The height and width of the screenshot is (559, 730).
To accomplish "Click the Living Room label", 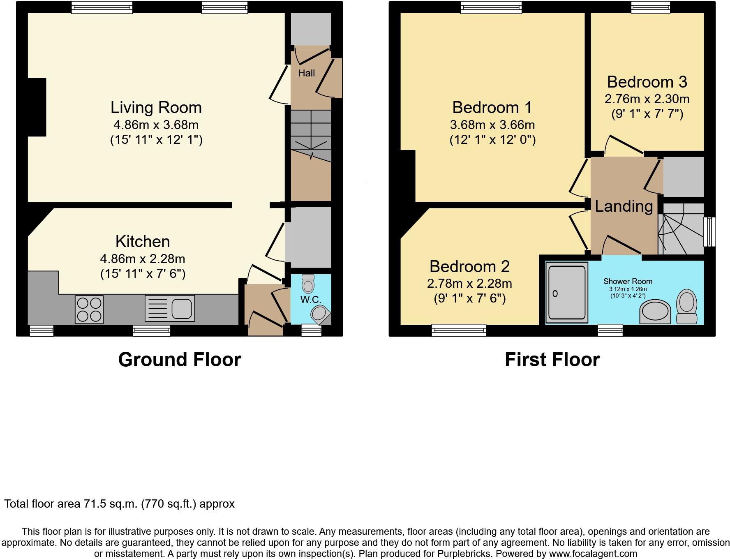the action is tap(156, 108).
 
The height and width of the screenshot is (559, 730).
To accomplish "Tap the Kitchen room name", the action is tap(143, 242).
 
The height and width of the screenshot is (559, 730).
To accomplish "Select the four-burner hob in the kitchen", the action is tap(90, 310).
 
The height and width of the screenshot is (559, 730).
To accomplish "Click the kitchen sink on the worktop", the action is tap(170, 308).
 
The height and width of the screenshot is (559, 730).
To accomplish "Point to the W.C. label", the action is tap(311, 299).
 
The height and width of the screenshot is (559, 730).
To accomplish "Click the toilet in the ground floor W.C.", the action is tap(308, 283).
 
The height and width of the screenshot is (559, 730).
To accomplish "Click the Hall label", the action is tap(307, 73).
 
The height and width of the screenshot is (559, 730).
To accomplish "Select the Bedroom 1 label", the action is tap(492, 108).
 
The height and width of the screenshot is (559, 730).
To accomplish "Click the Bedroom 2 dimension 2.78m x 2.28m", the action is tap(469, 284).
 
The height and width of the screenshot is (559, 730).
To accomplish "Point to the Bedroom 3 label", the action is tap(647, 82).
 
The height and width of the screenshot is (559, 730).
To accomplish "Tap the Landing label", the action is tap(624, 206).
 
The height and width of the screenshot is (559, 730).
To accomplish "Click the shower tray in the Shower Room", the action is tap(567, 293).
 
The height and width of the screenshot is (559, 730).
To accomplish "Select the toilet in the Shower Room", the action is tap(686, 306).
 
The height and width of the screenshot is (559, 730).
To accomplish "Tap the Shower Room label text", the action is tap(628, 282).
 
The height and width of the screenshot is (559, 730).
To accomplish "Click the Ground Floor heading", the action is tap(180, 360).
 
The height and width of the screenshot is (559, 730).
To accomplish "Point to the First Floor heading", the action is tap(552, 360).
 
